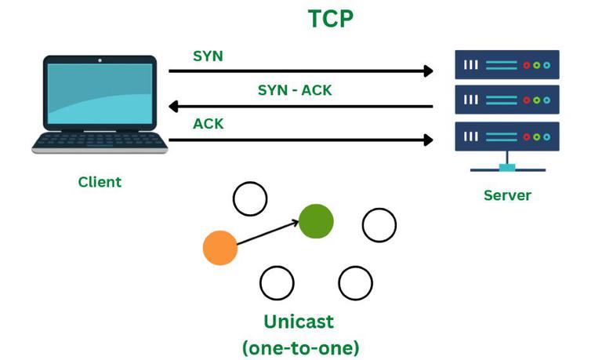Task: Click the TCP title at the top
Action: (330, 19)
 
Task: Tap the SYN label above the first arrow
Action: (208, 56)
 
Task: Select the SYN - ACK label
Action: (295, 90)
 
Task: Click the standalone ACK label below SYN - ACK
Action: (208, 124)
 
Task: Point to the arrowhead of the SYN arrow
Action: (428, 71)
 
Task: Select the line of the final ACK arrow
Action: (298, 140)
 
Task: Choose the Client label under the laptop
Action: (100, 182)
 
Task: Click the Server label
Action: (507, 195)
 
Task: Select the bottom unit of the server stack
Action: (507, 136)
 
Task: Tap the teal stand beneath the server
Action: (507, 166)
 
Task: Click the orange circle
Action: (220, 248)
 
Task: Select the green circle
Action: (316, 220)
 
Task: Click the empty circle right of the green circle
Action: (379, 225)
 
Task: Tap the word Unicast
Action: (299, 322)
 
